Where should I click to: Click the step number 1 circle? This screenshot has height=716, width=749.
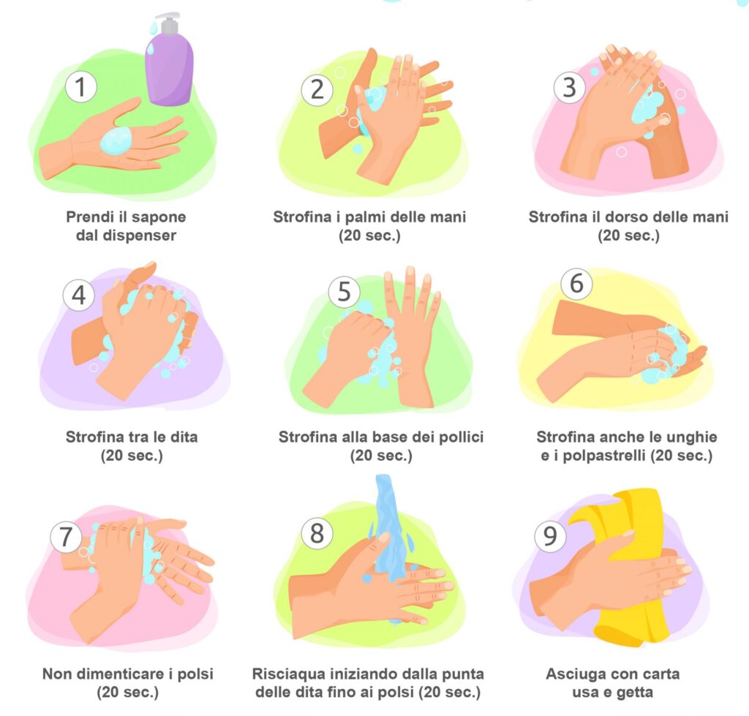(80, 87)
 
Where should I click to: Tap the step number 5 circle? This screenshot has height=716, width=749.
(344, 291)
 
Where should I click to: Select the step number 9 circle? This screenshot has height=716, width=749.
(550, 536)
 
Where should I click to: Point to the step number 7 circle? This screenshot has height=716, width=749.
(66, 536)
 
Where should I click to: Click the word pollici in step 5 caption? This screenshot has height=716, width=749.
(461, 437)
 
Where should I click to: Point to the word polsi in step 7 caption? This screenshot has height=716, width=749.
(195, 674)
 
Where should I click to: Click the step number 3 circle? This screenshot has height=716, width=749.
(569, 87)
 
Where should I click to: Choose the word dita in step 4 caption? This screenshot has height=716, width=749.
(184, 437)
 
